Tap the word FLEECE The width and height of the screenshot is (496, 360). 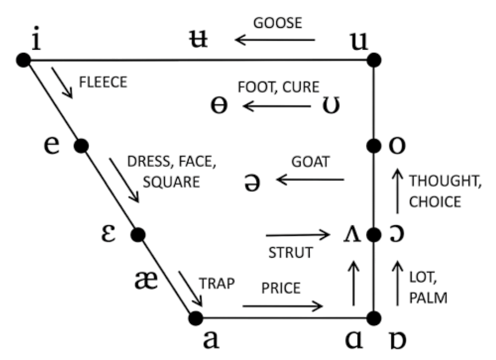(103, 82)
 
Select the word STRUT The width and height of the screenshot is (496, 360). (291, 253)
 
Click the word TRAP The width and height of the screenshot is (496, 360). (217, 283)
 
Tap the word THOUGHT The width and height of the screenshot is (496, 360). (444, 182)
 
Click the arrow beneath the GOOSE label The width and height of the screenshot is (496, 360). (275, 39)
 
